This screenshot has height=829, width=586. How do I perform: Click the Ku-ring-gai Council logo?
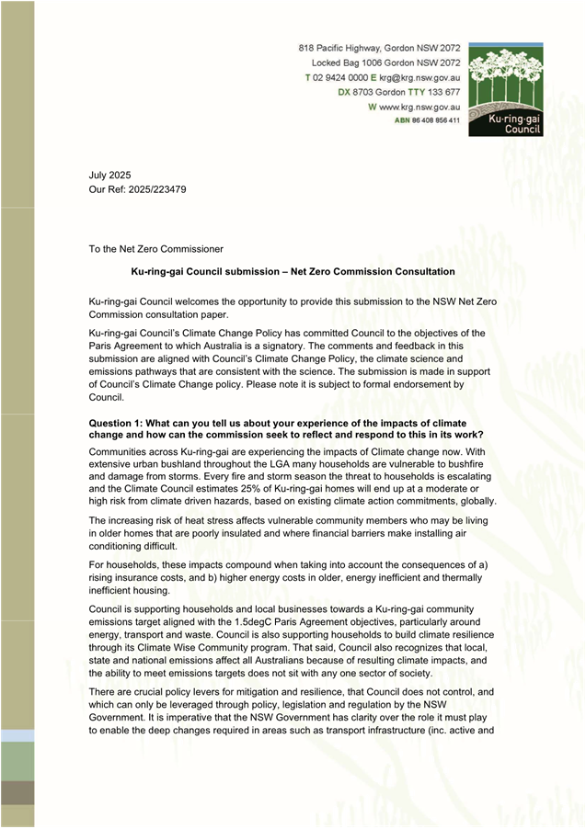505,89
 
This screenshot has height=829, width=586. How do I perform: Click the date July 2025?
109,175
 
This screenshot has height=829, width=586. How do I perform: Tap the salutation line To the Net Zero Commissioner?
155,248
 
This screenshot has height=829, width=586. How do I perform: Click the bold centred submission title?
293,272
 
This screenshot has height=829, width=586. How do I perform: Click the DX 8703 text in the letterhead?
355,93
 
